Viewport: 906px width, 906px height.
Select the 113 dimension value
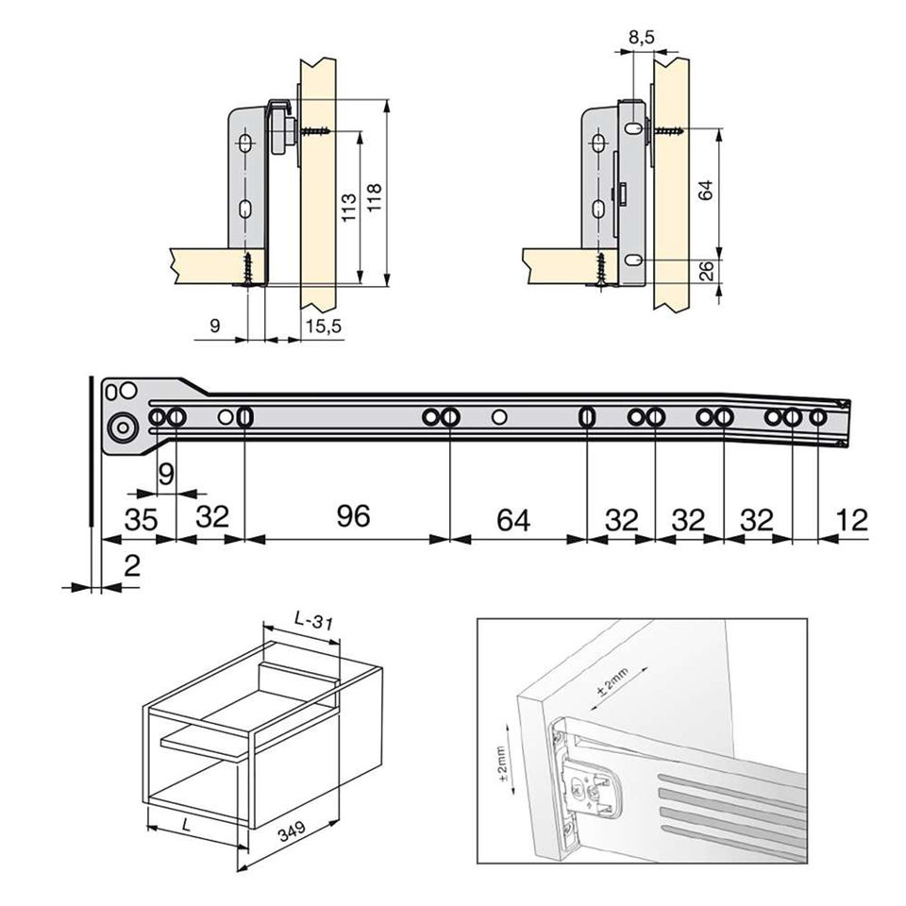tap(347, 208)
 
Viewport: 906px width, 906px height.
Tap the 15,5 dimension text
tap(324, 326)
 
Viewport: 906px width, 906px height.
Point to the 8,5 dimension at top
tap(641, 38)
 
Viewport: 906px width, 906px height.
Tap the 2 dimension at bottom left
tap(132, 566)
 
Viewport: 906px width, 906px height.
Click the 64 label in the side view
tap(704, 189)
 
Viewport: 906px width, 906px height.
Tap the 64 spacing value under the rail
tap(513, 519)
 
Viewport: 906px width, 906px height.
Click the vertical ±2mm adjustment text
tap(502, 764)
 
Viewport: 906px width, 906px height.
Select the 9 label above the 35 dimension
tap(165, 474)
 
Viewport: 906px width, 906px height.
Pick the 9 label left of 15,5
tap(214, 326)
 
